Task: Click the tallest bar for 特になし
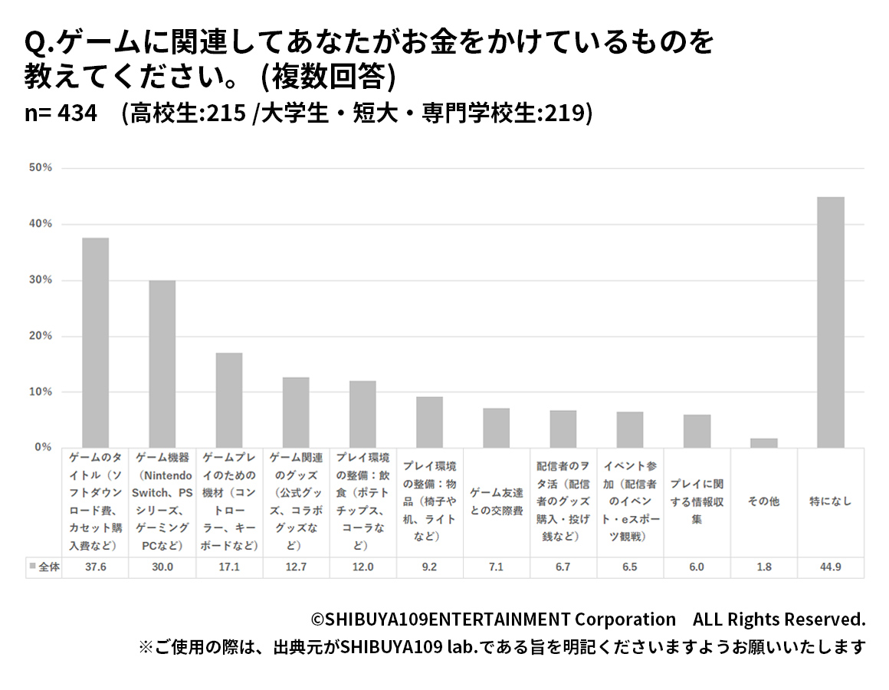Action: point(831,322)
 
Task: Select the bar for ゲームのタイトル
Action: point(95,343)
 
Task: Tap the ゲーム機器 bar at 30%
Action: point(162,364)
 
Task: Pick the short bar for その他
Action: point(763,443)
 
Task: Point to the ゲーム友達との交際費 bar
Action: point(496,428)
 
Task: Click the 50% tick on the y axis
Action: point(39,168)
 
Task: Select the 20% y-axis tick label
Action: point(39,336)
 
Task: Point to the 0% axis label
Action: point(42,447)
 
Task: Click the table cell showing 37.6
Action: point(95,567)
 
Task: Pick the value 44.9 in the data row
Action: point(831,567)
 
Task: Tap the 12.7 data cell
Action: point(296,567)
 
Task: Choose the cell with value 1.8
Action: point(763,567)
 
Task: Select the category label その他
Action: point(763,501)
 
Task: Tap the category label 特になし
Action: point(831,501)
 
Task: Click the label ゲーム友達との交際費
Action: point(496,501)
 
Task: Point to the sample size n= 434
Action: point(61,113)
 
